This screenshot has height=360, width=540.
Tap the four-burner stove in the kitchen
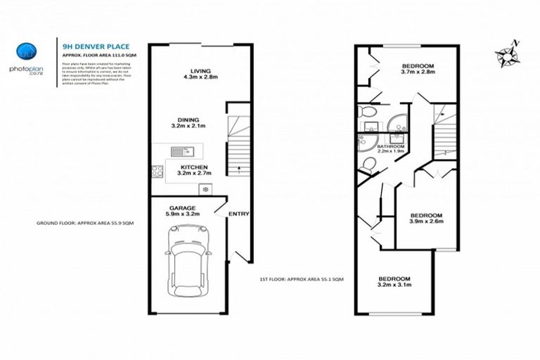(157, 170)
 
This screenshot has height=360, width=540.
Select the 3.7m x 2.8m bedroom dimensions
(418, 71)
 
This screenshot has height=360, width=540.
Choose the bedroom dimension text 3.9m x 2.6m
(426, 221)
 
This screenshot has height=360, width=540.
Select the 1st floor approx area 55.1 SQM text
(301, 279)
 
